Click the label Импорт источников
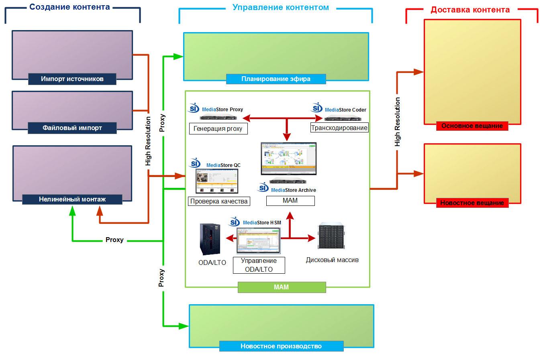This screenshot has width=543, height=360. (x=72, y=79)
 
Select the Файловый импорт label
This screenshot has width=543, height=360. (x=72, y=128)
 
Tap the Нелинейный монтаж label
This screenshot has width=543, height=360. (x=72, y=199)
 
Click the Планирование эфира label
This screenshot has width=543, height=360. (x=276, y=79)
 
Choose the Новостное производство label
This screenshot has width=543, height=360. (x=281, y=346)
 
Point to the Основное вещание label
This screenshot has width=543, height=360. (x=472, y=126)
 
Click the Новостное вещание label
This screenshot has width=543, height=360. (x=472, y=203)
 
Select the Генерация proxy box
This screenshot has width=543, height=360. (x=218, y=129)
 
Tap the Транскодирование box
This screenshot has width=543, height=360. (x=339, y=128)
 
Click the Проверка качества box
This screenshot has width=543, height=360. (x=219, y=201)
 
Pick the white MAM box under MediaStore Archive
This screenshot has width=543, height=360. (x=290, y=201)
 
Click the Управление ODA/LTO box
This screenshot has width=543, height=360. (x=259, y=265)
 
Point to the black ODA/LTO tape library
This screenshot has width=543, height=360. (x=210, y=240)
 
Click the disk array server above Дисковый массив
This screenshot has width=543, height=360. (x=331, y=236)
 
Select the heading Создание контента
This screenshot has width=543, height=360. (x=69, y=7)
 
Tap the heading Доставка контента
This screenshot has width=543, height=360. (x=470, y=10)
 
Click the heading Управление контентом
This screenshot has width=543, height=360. (x=280, y=8)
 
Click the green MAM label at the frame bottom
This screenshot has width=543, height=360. (x=282, y=287)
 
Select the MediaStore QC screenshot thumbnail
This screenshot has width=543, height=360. (x=217, y=181)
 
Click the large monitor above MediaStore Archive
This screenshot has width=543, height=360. (x=288, y=159)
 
